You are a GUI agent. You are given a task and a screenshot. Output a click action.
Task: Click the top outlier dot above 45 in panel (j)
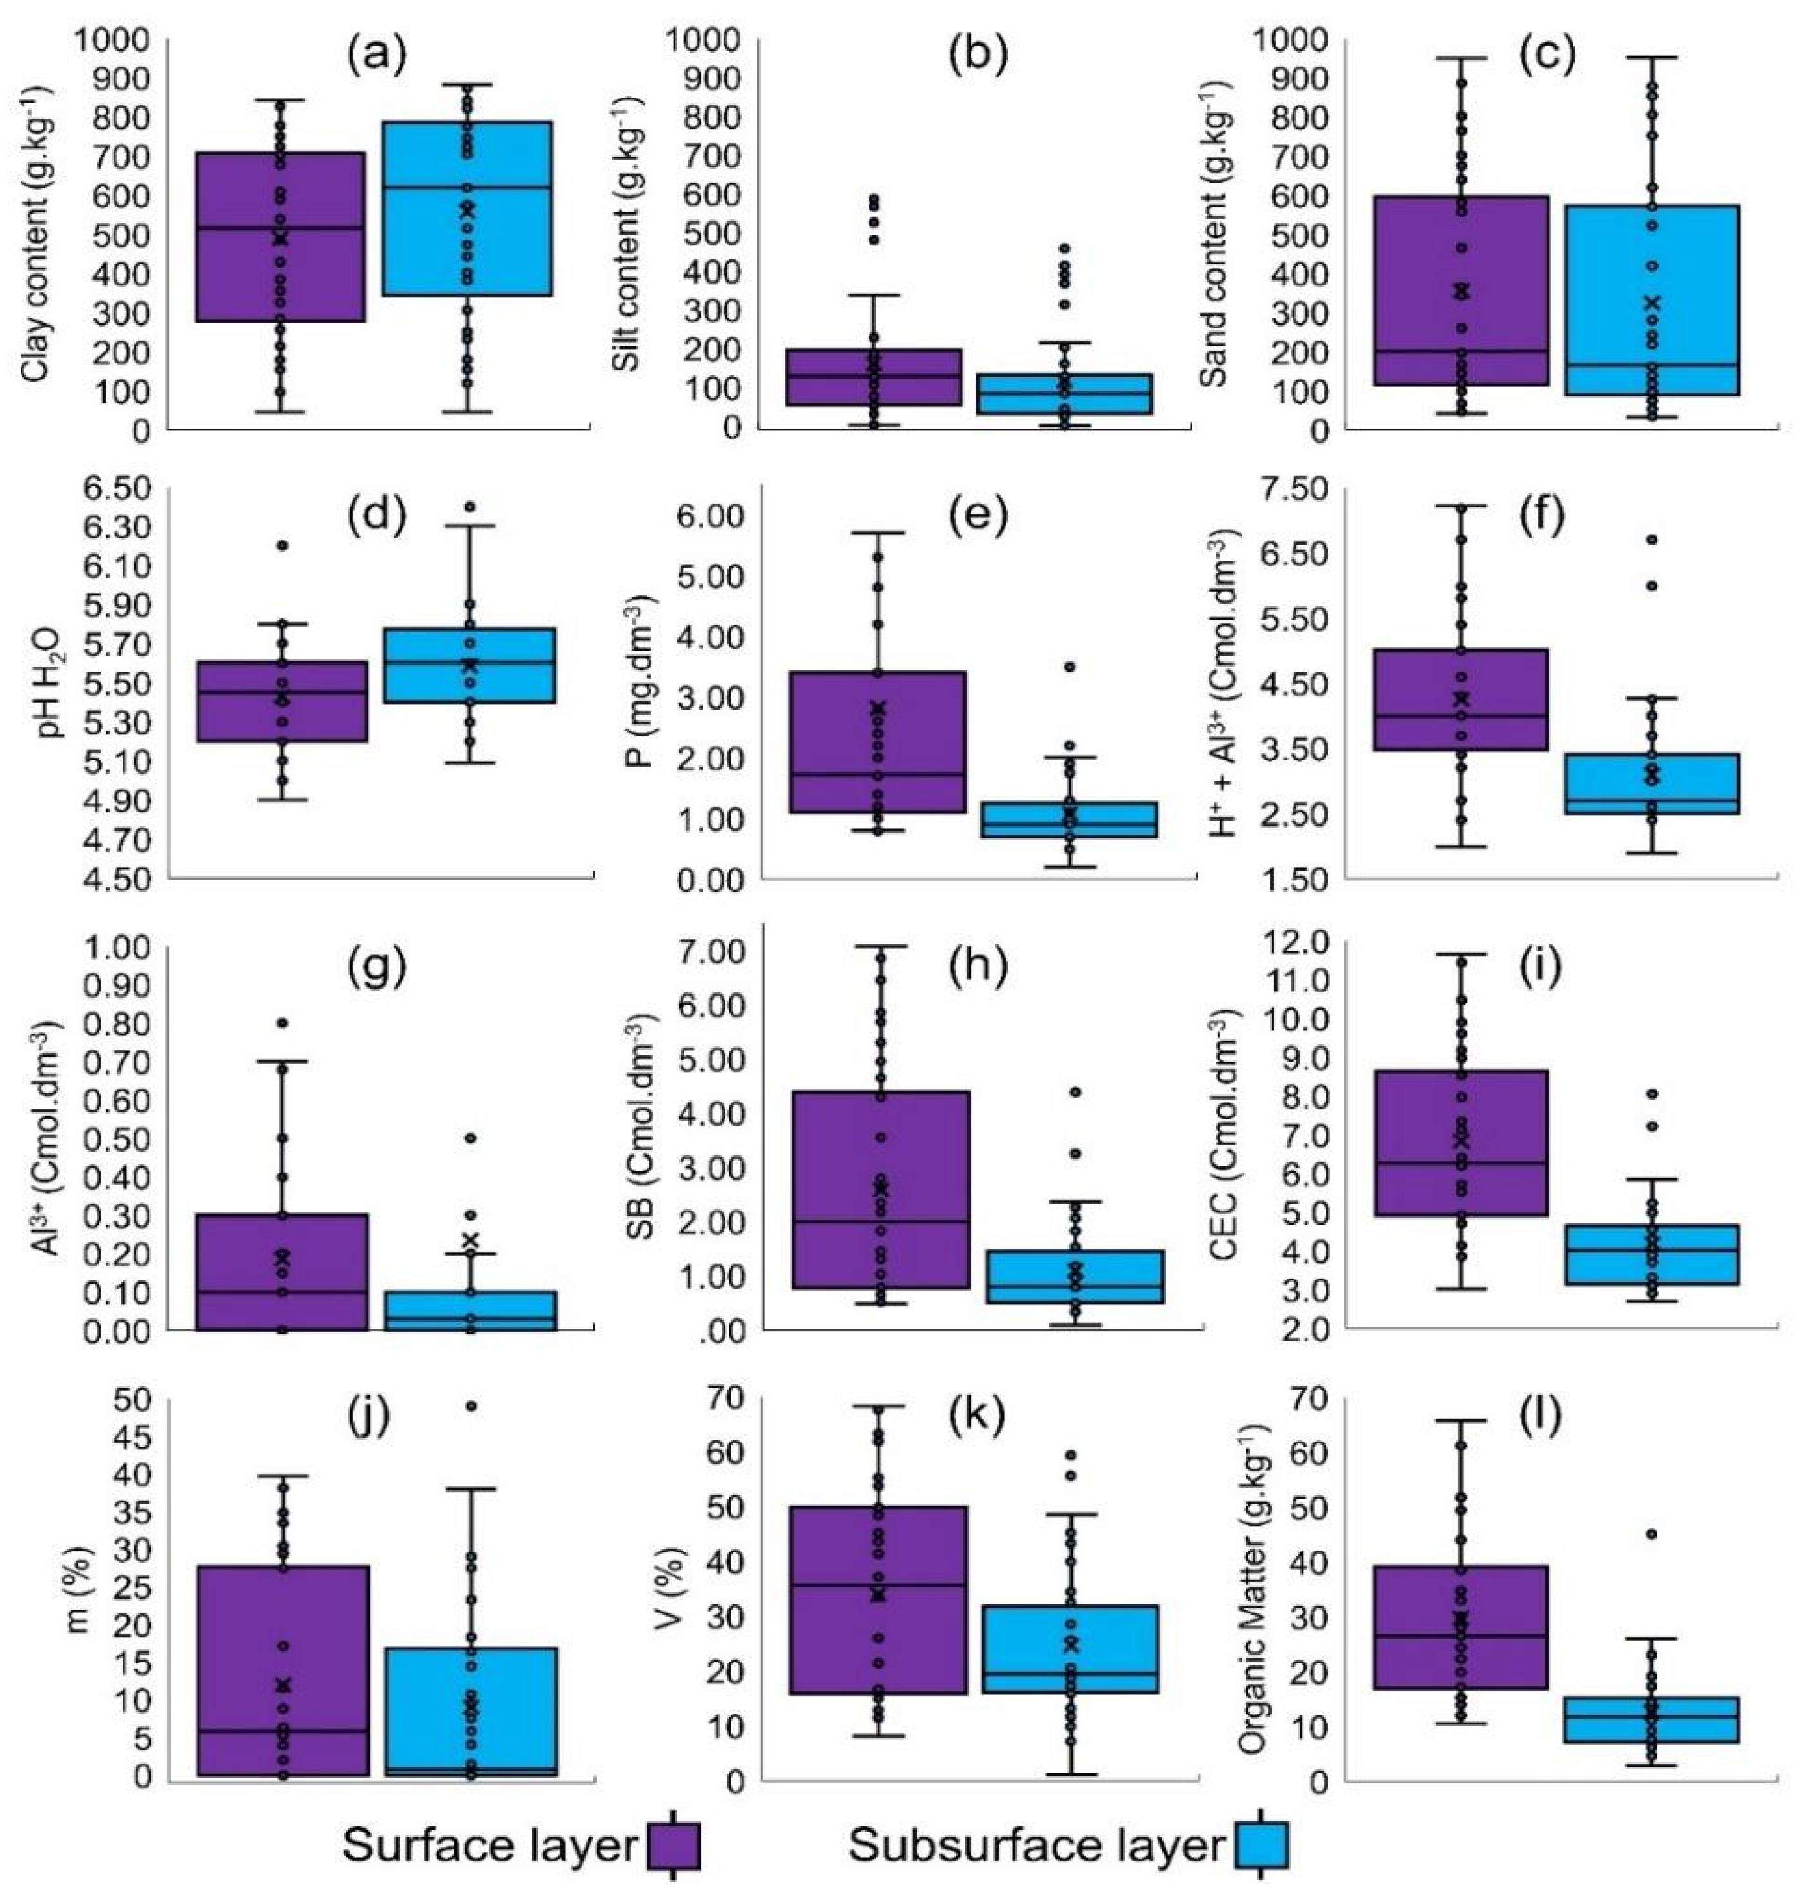coord(471,1406)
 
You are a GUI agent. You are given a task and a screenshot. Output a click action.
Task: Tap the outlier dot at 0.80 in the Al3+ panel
coord(283,1023)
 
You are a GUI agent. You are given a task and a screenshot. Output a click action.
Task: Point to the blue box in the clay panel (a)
coord(468,208)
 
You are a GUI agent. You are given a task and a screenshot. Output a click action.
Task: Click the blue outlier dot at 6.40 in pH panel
coord(470,506)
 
